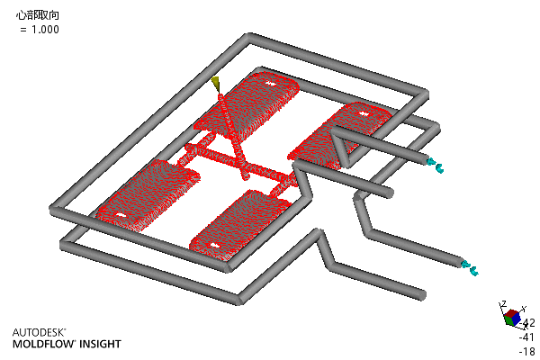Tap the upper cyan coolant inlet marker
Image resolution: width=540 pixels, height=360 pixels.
[x=435, y=166]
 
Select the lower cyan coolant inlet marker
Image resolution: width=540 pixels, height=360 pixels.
[x=470, y=268]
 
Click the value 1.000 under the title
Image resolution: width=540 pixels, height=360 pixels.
[x=45, y=30]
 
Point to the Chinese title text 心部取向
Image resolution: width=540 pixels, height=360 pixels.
[x=38, y=15]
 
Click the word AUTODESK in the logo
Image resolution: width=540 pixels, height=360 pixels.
[x=39, y=332]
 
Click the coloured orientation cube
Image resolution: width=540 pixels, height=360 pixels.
[x=512, y=318]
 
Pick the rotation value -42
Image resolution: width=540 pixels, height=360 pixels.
[x=527, y=323]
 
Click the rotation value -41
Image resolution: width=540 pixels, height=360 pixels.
[x=526, y=337]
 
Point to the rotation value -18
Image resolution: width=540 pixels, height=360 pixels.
[x=526, y=351]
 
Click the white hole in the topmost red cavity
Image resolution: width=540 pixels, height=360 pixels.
[x=270, y=83]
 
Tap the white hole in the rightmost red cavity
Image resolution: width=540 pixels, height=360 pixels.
[x=363, y=113]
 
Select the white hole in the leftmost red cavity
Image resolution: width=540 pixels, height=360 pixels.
[x=120, y=215]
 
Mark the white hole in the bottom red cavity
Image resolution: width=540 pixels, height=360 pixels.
[x=215, y=246]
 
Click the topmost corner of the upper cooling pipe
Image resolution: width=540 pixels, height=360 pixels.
[x=248, y=37]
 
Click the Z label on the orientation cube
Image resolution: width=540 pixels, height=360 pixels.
[x=503, y=304]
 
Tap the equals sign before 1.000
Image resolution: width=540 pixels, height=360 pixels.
[x=23, y=30]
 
